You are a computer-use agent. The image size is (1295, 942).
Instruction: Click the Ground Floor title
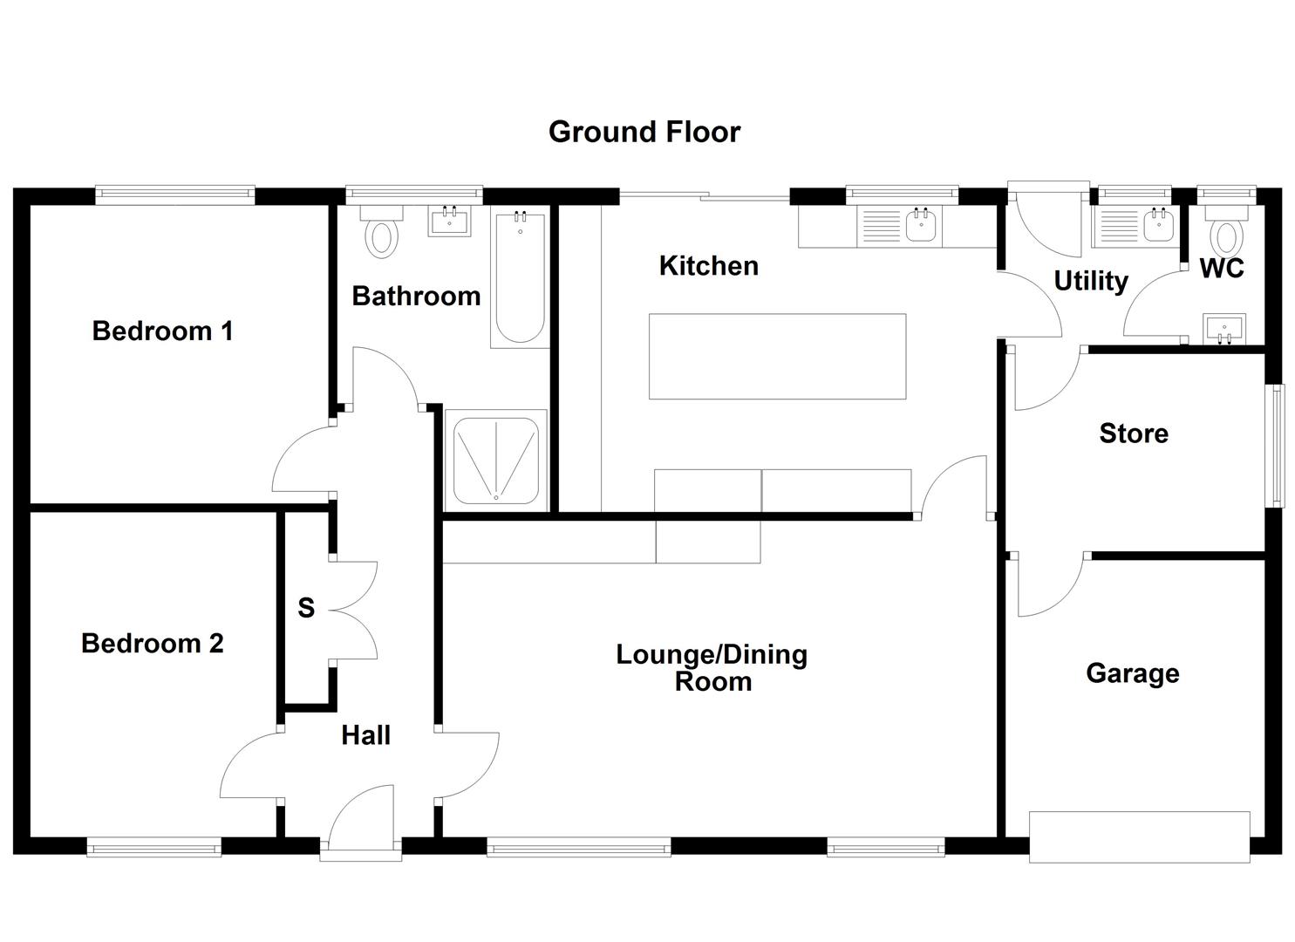pyautogui.click(x=644, y=132)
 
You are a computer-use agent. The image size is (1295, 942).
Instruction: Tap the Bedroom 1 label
pyautogui.click(x=162, y=331)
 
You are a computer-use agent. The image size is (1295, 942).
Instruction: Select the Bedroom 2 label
pyautogui.click(x=153, y=644)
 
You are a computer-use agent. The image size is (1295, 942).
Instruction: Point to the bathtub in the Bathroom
pyautogui.click(x=520, y=277)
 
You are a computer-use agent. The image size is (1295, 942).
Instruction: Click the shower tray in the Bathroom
pyautogui.click(x=495, y=461)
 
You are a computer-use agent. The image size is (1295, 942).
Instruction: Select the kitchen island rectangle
pyautogui.click(x=777, y=356)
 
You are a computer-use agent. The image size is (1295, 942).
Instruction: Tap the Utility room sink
pyautogui.click(x=1157, y=227)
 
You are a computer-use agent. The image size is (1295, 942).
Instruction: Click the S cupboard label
pyautogui.click(x=305, y=608)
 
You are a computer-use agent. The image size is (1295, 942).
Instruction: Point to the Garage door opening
pyautogui.click(x=1139, y=836)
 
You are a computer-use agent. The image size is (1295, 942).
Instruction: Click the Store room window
pyautogui.click(x=1276, y=446)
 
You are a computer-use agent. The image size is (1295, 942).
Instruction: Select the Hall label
pyautogui.click(x=365, y=735)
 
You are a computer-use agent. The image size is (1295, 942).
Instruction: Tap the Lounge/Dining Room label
pyautogui.click(x=712, y=667)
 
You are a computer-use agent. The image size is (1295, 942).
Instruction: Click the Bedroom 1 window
pyautogui.click(x=174, y=195)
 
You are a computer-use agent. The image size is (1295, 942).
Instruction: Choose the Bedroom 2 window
pyautogui.click(x=153, y=846)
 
